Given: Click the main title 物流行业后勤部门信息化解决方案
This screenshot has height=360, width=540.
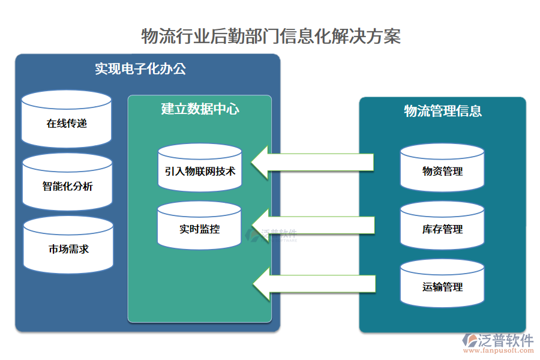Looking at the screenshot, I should pos(270,36).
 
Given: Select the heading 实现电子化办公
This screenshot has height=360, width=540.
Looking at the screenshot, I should pos(140,68).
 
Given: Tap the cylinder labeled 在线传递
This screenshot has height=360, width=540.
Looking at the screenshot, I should pos(67,120).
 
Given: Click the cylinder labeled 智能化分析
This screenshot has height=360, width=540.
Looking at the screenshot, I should pos(67,183).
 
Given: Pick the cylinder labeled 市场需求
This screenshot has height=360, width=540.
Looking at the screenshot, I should pos(68,246).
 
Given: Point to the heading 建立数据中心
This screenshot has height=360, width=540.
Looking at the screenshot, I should pos(200,109).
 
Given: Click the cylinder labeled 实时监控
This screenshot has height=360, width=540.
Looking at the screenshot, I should pos(199,227).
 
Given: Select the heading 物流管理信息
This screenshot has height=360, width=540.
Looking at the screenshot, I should pos(442,111).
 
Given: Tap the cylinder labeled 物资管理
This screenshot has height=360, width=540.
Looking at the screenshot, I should pos(442,169).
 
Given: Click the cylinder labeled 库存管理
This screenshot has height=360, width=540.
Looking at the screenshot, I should pos(442,227).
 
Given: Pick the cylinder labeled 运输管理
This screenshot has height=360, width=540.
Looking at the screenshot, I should pos(442,284).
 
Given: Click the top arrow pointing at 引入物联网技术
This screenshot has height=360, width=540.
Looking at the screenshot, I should pos(312,163).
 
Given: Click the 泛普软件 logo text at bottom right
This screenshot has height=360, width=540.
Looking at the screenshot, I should pos(505,341).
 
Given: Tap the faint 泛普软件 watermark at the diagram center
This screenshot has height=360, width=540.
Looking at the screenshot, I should pos(280,234).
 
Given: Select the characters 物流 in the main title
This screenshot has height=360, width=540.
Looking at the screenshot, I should pos(152,36).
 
